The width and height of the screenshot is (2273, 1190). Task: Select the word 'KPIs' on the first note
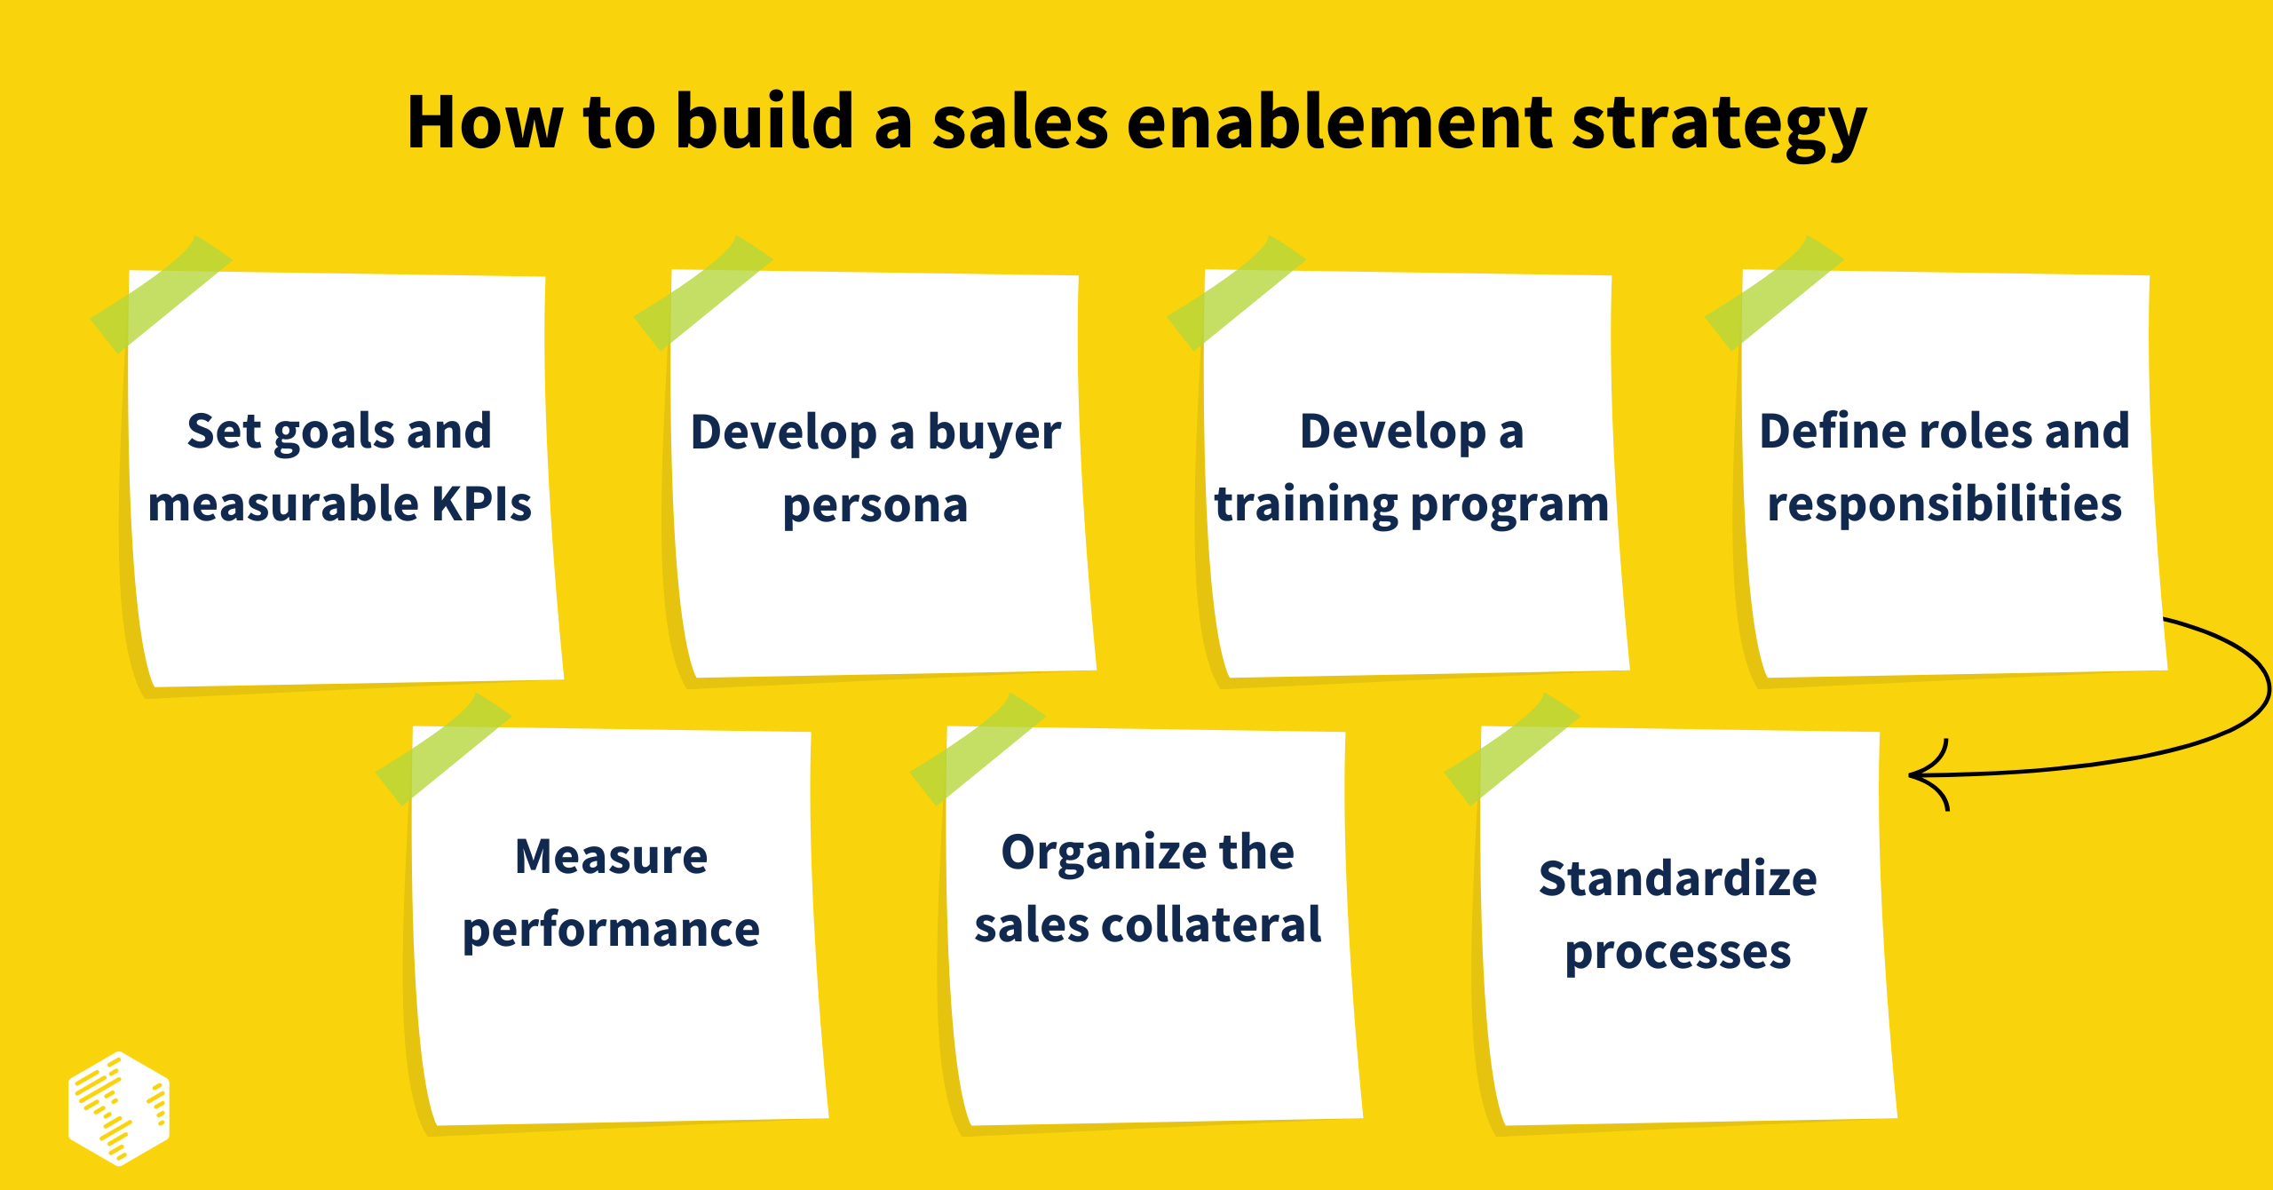click(481, 504)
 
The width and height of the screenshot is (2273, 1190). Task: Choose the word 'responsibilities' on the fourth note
click(1944, 504)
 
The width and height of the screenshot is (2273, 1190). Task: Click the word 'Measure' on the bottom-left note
click(611, 857)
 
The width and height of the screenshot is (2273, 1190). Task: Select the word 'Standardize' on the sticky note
click(1677, 879)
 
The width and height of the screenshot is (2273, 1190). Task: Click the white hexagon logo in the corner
click(118, 1108)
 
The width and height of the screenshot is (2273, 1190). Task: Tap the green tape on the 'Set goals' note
click(161, 294)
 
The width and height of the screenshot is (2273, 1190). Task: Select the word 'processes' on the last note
click(1677, 954)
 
